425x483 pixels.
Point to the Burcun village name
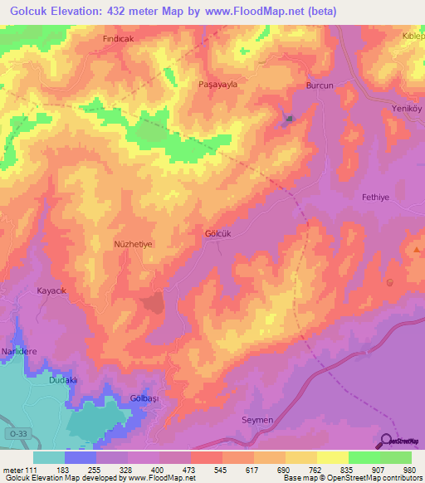(x=320, y=85)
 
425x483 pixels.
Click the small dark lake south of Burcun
(x=289, y=119)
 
